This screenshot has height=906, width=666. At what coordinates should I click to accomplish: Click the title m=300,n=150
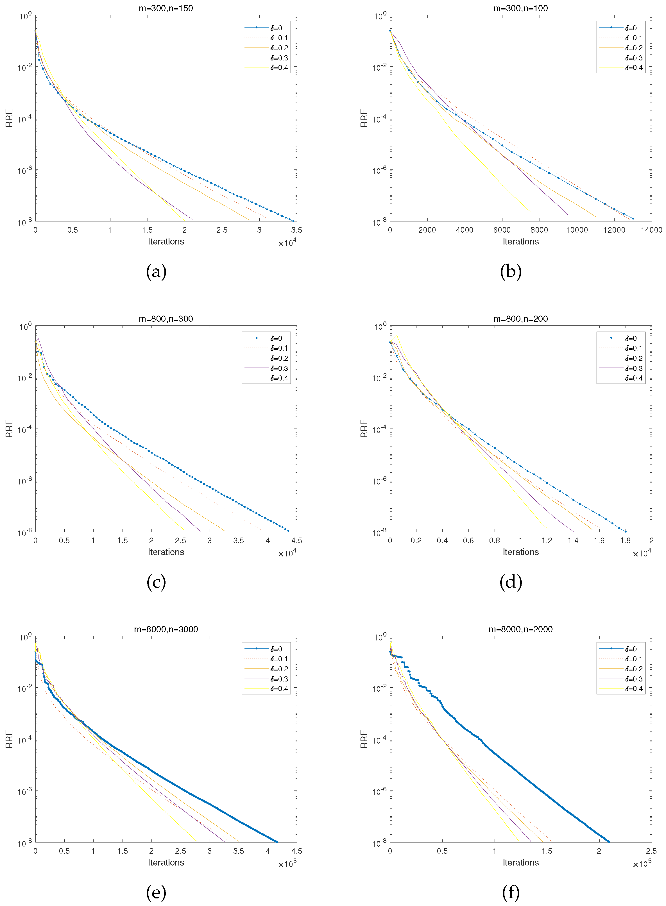[166, 8]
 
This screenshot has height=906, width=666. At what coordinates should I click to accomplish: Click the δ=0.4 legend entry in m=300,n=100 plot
[633, 68]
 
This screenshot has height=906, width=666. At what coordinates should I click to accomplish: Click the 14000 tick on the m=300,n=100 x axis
[651, 230]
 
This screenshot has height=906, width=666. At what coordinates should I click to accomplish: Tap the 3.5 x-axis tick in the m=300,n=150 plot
[296, 230]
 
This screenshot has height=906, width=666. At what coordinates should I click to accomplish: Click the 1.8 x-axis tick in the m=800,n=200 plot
[625, 540]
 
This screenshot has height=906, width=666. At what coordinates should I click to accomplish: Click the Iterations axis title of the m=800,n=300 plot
[166, 552]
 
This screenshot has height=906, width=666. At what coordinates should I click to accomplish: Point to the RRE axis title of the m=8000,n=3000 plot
[9, 739]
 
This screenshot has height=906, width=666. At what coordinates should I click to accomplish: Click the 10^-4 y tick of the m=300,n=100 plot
[379, 119]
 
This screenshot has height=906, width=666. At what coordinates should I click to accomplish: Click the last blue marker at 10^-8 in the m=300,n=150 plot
[293, 221]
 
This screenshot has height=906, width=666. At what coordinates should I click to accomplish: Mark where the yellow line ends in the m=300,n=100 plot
[530, 212]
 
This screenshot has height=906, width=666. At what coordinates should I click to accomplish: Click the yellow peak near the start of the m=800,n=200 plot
[396, 335]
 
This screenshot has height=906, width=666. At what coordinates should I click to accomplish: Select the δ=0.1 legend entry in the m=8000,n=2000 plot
[633, 659]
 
